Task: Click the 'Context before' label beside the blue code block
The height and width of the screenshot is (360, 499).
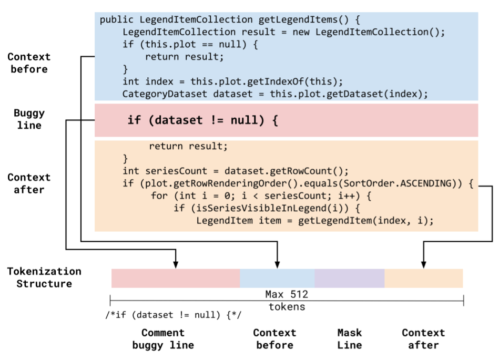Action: [x=29, y=63]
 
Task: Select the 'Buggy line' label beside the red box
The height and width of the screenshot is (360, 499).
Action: [x=29, y=119]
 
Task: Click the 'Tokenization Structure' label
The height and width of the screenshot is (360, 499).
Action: [x=44, y=277]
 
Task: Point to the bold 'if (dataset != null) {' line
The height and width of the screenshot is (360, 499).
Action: [x=202, y=120]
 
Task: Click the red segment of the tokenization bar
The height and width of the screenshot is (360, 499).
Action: [x=175, y=278]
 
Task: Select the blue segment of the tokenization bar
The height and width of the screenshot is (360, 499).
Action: [x=277, y=278]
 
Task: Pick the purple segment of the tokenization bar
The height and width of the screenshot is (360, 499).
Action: [x=349, y=278]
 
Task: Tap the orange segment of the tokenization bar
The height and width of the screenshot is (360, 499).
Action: [x=423, y=278]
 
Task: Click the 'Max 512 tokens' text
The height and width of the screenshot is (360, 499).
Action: [x=287, y=300]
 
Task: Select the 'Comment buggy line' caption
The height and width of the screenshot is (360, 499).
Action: [x=163, y=339]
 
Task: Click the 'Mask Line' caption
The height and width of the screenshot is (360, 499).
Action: [x=349, y=339]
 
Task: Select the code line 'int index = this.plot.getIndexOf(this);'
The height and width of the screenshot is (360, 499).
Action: [x=232, y=81]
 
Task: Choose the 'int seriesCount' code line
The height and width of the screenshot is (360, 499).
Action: [x=236, y=171]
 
